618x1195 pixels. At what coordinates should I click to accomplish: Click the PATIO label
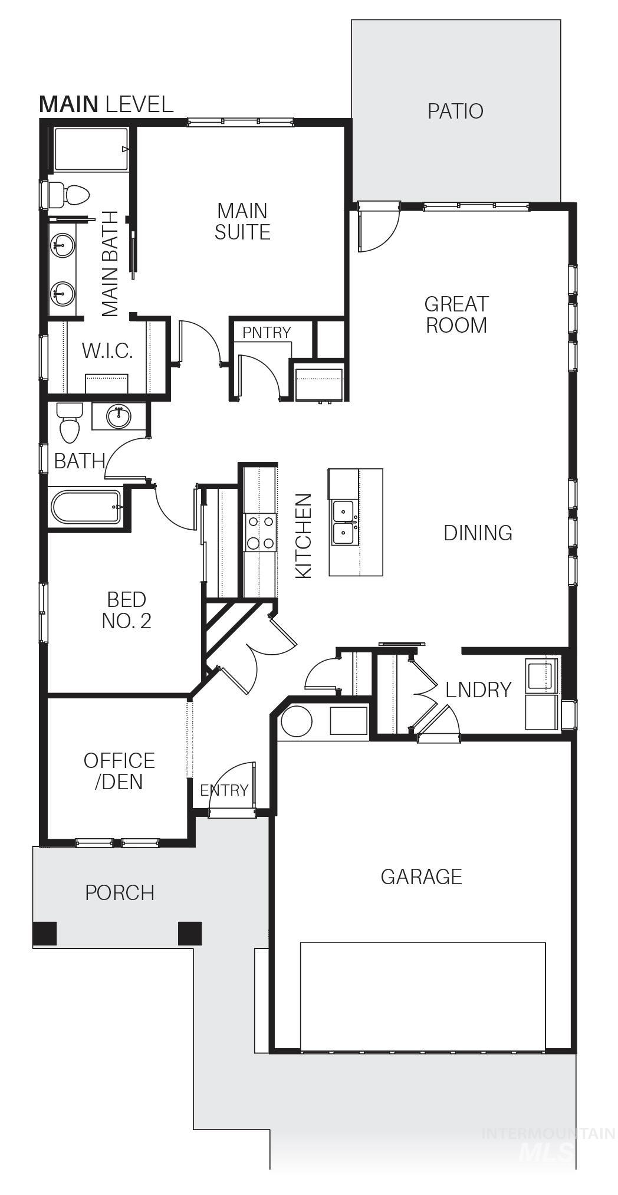(455, 111)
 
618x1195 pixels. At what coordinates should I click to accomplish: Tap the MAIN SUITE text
(242, 221)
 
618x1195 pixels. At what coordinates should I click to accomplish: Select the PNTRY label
(267, 333)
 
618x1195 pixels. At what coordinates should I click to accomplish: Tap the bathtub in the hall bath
(86, 507)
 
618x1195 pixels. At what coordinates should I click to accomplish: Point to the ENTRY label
(224, 790)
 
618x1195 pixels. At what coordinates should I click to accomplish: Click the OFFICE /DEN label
(119, 771)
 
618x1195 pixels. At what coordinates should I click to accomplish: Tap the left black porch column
(45, 933)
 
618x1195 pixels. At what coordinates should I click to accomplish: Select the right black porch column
(190, 933)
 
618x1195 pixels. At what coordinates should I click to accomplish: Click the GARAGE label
(421, 876)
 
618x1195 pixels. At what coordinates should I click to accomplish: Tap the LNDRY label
(478, 690)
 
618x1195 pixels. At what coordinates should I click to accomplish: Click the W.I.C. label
(107, 351)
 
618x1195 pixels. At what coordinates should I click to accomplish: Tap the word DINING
(478, 533)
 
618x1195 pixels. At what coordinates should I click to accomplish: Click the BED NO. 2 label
(126, 610)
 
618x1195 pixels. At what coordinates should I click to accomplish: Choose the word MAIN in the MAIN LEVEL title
(68, 104)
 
